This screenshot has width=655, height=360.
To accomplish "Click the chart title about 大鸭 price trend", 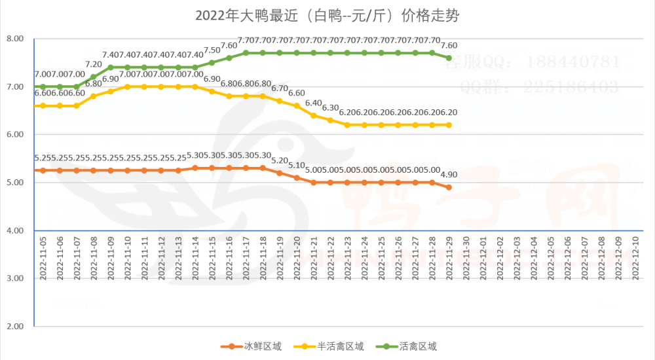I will (x=327, y=14).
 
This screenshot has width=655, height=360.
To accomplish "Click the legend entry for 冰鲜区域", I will (x=252, y=346).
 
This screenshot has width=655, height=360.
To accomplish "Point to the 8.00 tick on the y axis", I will (x=14, y=39).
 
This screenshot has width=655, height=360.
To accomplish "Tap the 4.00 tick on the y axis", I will (x=14, y=230).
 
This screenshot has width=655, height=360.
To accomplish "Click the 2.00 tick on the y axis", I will (x=14, y=326).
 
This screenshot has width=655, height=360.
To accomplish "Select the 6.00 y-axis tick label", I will (x=14, y=135).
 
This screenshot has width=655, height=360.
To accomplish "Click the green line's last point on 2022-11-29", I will (x=449, y=58).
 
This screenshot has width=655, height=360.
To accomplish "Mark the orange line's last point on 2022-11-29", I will (x=449, y=187).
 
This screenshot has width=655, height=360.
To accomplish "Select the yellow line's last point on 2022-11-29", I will (x=449, y=125).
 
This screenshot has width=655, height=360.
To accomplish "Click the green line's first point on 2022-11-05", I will (x=43, y=86).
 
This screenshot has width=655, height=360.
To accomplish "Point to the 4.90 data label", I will (x=449, y=175).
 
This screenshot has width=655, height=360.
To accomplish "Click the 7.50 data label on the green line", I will (x=212, y=50).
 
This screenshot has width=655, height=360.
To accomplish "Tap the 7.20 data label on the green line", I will (x=94, y=64).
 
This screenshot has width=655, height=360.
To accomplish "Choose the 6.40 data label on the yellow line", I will (x=314, y=103).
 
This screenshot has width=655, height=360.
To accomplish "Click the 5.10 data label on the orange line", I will (x=297, y=165).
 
